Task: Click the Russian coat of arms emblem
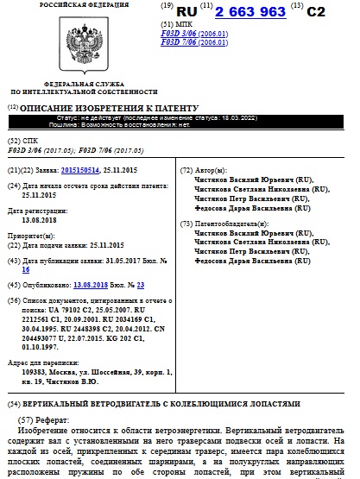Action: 64,47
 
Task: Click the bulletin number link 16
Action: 25,269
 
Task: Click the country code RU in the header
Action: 187,13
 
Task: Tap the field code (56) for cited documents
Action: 13,299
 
